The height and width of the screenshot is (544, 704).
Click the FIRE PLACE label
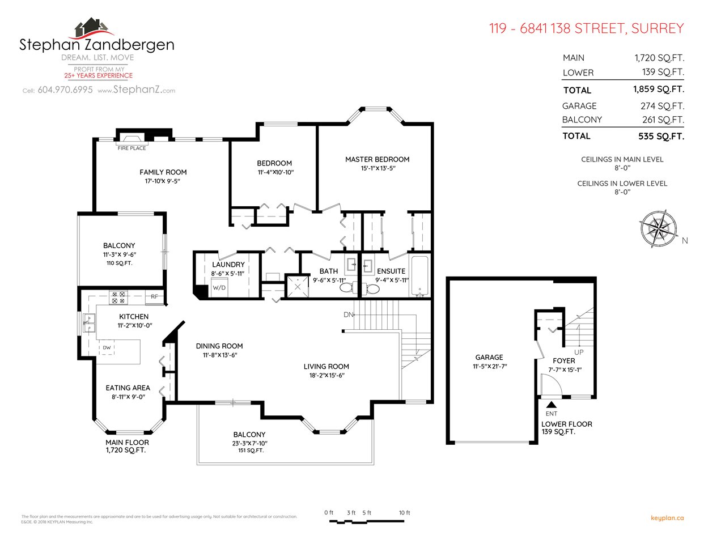132,148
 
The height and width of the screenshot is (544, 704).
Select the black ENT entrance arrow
551,405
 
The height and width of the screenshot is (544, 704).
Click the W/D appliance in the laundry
219,288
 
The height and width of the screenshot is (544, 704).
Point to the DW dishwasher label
107,347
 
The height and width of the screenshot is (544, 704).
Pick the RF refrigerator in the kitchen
154,296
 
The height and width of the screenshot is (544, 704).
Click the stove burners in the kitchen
118,297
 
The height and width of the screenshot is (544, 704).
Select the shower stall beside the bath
298,287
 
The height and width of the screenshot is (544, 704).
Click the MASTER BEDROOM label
377,159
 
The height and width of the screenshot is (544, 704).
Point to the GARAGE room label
489,358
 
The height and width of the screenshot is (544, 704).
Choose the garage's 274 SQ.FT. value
662,106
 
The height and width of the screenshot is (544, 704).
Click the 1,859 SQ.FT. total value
659,90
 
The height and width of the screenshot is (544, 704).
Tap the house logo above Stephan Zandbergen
91,27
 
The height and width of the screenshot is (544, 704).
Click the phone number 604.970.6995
65,90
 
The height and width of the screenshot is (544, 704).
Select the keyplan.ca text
667,518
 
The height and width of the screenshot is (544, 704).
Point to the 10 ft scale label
404,513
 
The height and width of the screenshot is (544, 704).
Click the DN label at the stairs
348,314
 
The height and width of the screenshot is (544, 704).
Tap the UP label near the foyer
579,352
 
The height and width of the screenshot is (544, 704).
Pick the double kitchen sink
89,323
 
